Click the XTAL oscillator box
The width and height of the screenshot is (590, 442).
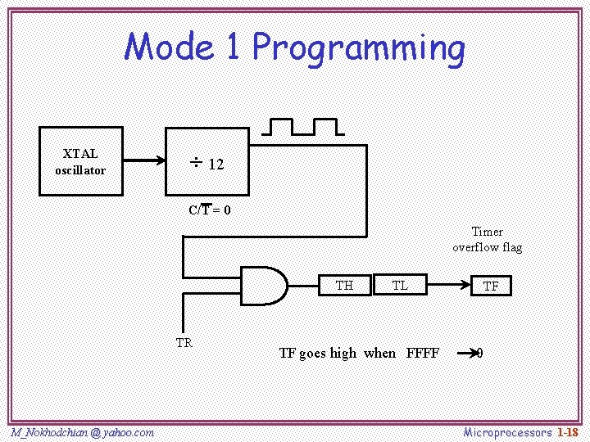tap(81, 161)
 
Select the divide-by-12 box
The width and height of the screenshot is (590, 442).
tap(207, 161)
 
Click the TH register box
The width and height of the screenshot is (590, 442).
tap(345, 285)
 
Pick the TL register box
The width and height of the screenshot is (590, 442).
tap(401, 285)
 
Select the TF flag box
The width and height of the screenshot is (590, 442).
tap(491, 286)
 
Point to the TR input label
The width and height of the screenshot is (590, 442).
tap(184, 343)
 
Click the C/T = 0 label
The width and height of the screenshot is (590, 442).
tap(210, 210)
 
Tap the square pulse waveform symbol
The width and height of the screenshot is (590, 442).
tap(303, 126)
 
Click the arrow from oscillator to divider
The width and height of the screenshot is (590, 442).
tap(144, 161)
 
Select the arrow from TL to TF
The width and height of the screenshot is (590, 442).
tap(450, 285)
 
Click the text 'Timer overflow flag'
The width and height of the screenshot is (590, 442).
tap(487, 239)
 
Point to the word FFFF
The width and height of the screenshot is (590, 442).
tap(423, 354)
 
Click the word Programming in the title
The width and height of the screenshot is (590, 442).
tap(359, 47)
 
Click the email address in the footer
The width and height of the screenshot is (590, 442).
tap(83, 431)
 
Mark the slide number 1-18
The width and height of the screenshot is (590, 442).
tap(568, 431)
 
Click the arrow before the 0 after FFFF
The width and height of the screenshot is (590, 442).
tap(467, 354)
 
